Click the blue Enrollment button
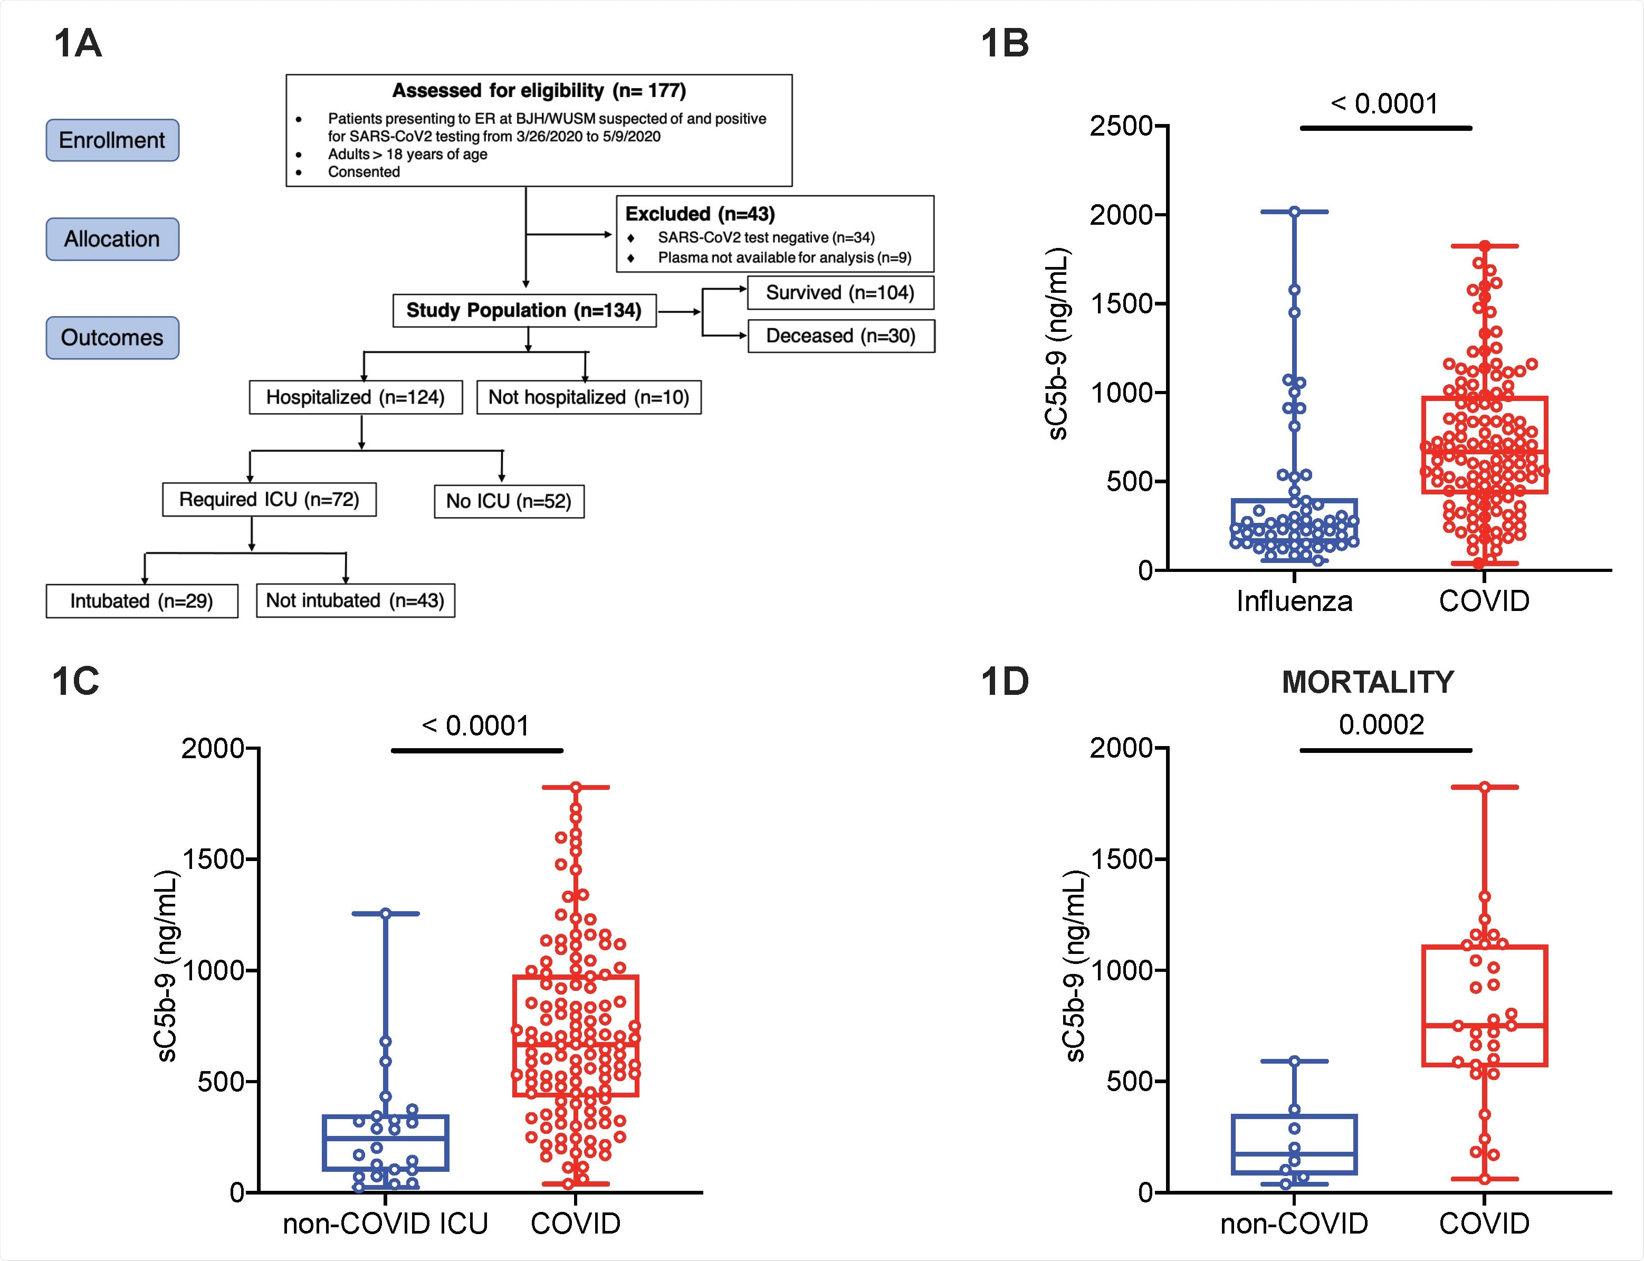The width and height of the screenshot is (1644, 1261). click(x=112, y=140)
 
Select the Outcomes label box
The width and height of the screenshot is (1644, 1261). click(x=112, y=338)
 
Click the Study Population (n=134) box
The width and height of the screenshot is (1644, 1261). click(x=524, y=311)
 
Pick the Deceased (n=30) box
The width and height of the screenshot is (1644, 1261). click(x=841, y=336)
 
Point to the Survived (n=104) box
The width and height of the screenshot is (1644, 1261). click(x=841, y=293)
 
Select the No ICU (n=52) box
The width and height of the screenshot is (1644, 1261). click(x=509, y=501)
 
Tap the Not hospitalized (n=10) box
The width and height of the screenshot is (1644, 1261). click(x=588, y=397)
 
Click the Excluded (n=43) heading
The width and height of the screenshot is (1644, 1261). click(x=700, y=214)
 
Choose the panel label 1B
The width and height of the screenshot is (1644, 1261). click(x=1005, y=44)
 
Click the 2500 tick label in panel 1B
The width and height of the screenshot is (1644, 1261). click(x=1122, y=126)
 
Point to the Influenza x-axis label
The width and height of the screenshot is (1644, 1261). click(x=1294, y=601)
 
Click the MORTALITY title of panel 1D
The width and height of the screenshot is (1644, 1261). click(x=1368, y=682)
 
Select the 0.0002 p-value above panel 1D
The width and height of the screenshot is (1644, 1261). click(x=1381, y=724)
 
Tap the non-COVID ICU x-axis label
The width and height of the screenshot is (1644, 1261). click(x=385, y=1224)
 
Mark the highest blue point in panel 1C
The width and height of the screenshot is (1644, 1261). click(x=386, y=913)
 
